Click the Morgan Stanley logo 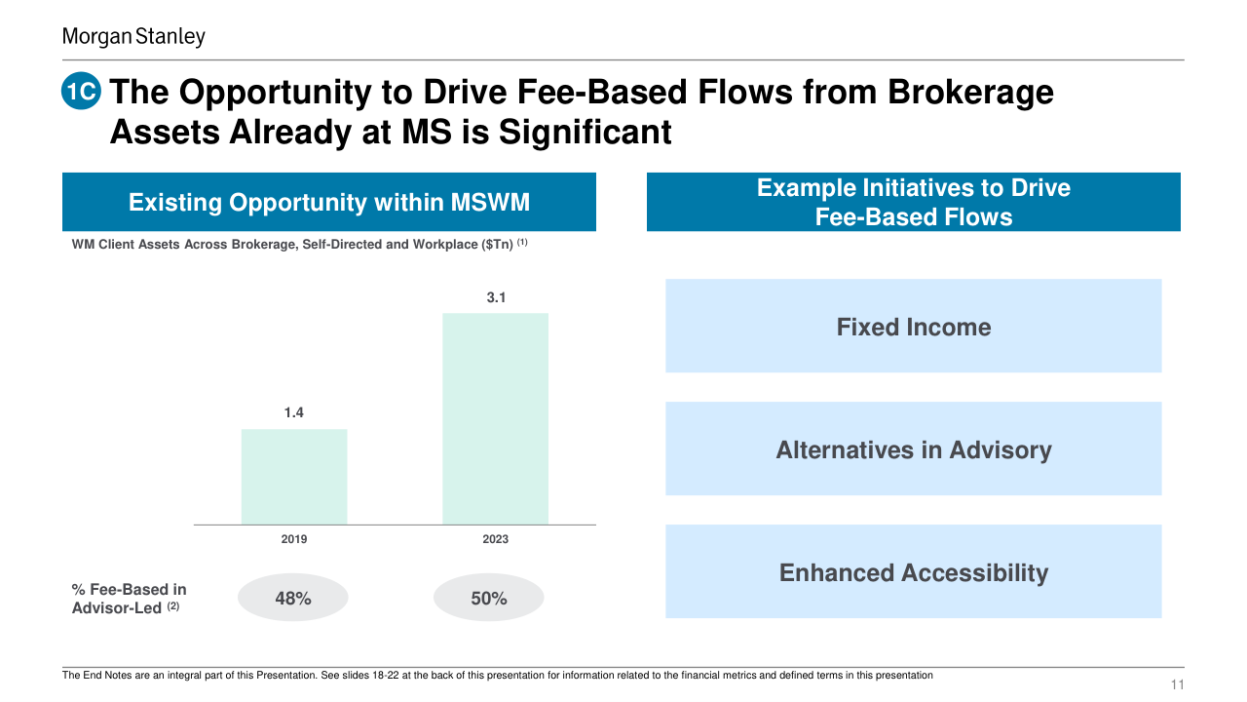click(133, 37)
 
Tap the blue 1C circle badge click(82, 93)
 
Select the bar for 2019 click(294, 477)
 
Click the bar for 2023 click(495, 418)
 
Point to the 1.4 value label click(294, 413)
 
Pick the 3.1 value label click(496, 297)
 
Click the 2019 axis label click(294, 539)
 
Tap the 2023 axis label click(495, 539)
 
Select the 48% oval click(293, 598)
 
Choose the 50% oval click(489, 598)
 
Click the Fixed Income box click(913, 327)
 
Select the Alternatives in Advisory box click(913, 449)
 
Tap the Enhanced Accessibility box click(913, 572)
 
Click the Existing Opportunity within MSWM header click(329, 203)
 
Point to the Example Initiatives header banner click(913, 203)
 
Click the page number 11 click(1177, 685)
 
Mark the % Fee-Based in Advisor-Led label click(130, 599)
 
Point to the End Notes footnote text click(497, 675)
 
